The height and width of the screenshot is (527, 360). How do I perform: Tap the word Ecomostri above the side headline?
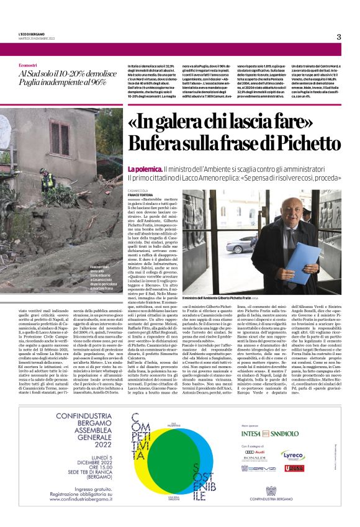pos(28,65)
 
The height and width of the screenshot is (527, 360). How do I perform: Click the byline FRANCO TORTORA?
pos(143,196)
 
